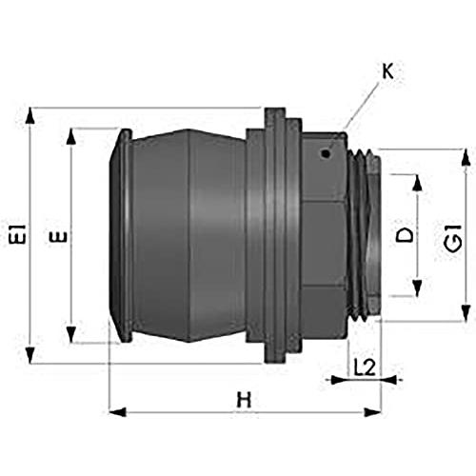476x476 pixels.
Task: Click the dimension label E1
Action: [17, 234]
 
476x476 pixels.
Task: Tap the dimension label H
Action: [244, 400]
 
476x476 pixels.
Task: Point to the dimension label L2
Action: [365, 367]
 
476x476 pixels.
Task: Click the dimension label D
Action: [405, 235]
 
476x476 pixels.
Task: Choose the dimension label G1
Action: [453, 238]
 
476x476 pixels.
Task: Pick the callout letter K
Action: [387, 71]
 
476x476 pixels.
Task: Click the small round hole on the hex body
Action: [326, 154]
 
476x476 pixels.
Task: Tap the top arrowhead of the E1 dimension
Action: [30, 115]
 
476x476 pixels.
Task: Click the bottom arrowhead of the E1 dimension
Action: [30, 356]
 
